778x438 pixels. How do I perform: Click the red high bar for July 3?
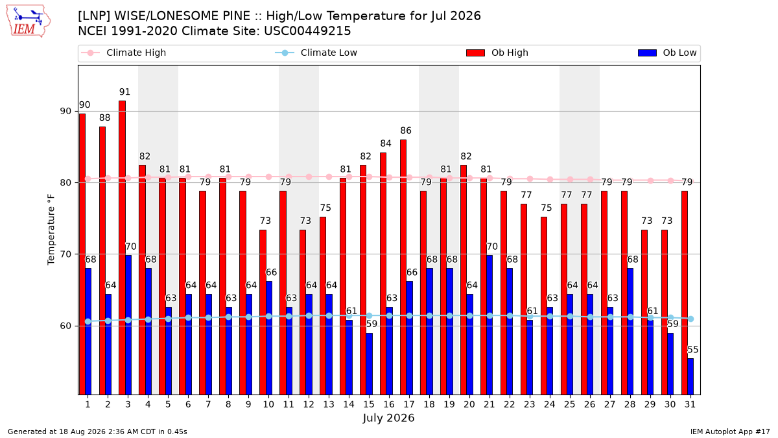pyautogui.click(x=123, y=248)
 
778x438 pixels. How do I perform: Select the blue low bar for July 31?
pyautogui.click(x=690, y=376)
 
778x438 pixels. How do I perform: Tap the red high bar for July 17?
pyautogui.click(x=403, y=267)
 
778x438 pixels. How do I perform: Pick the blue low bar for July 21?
pyautogui.click(x=489, y=325)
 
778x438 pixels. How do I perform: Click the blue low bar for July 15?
pyautogui.click(x=369, y=364)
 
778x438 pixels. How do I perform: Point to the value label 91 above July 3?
pyautogui.click(x=124, y=91)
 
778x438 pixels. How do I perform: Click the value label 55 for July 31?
pyautogui.click(x=693, y=350)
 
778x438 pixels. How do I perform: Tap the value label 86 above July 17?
pyautogui.click(x=406, y=130)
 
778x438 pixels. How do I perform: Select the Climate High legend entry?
pyautogui.click(x=124, y=53)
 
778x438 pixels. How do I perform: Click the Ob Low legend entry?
pyautogui.click(x=667, y=53)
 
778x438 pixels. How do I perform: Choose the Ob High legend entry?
pyautogui.click(x=497, y=53)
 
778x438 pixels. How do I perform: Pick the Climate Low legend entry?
pyautogui.click(x=316, y=53)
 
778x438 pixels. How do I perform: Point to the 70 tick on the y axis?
pyautogui.click(x=65, y=254)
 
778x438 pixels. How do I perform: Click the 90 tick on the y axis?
pyautogui.click(x=65, y=111)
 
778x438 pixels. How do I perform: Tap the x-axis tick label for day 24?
pyautogui.click(x=550, y=405)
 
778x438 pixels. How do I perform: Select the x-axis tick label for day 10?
pyautogui.click(x=268, y=405)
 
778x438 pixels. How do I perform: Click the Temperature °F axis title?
pyautogui.click(x=51, y=230)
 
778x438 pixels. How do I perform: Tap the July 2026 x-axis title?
pyautogui.click(x=388, y=418)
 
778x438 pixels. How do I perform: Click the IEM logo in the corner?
pyautogui.click(x=29, y=21)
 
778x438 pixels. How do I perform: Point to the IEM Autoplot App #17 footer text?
pyautogui.click(x=730, y=432)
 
